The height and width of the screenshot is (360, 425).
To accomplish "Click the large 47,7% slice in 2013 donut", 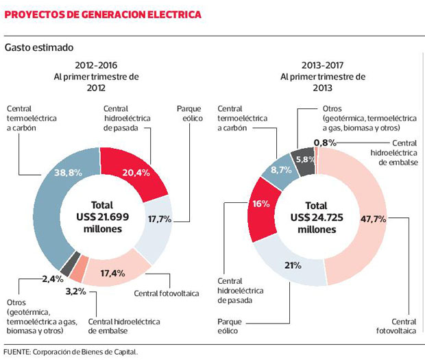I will pyautogui.click(x=374, y=219).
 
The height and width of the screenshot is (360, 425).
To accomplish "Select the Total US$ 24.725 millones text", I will pyautogui.click(x=316, y=217).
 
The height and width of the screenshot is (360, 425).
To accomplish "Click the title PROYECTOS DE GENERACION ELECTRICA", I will pyautogui.click(x=103, y=14).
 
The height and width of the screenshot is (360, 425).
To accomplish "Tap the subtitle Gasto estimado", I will pyautogui.click(x=39, y=48).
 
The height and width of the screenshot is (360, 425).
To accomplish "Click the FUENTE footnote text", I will pyautogui.click(x=71, y=352).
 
